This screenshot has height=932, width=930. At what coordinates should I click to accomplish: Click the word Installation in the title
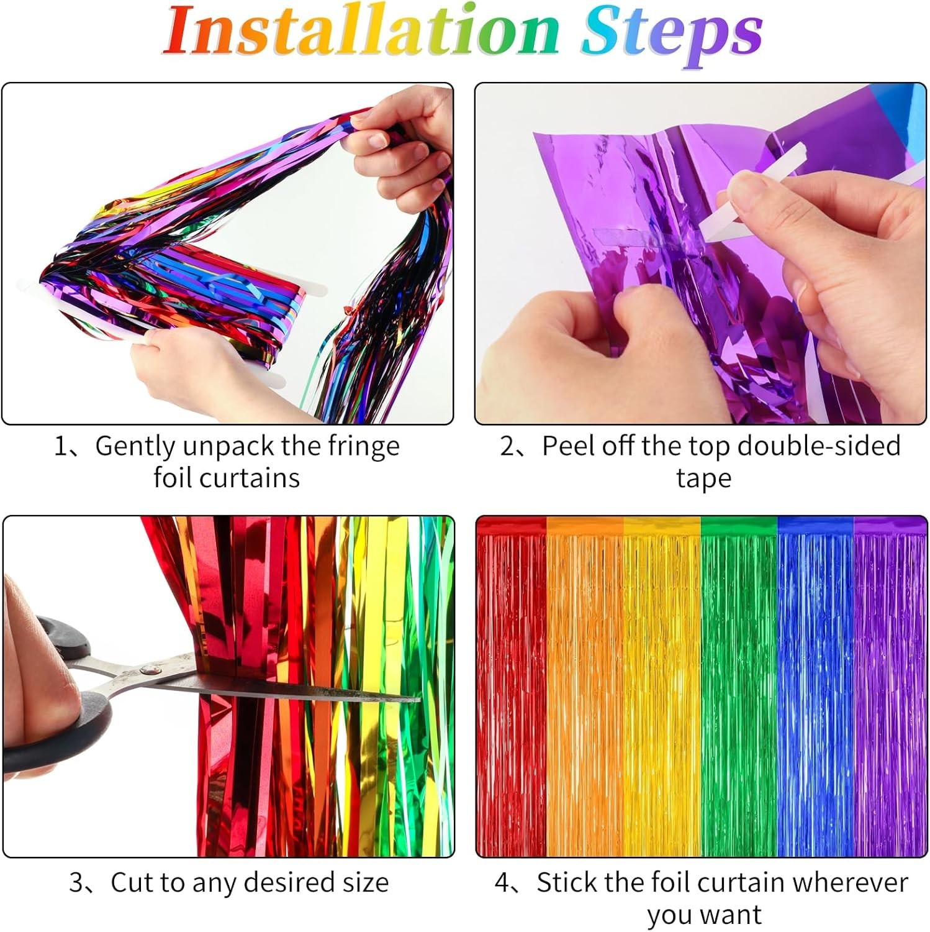(363, 31)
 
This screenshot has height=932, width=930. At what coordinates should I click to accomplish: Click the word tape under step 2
(703, 479)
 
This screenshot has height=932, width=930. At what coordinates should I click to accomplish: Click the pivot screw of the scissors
(147, 669)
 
